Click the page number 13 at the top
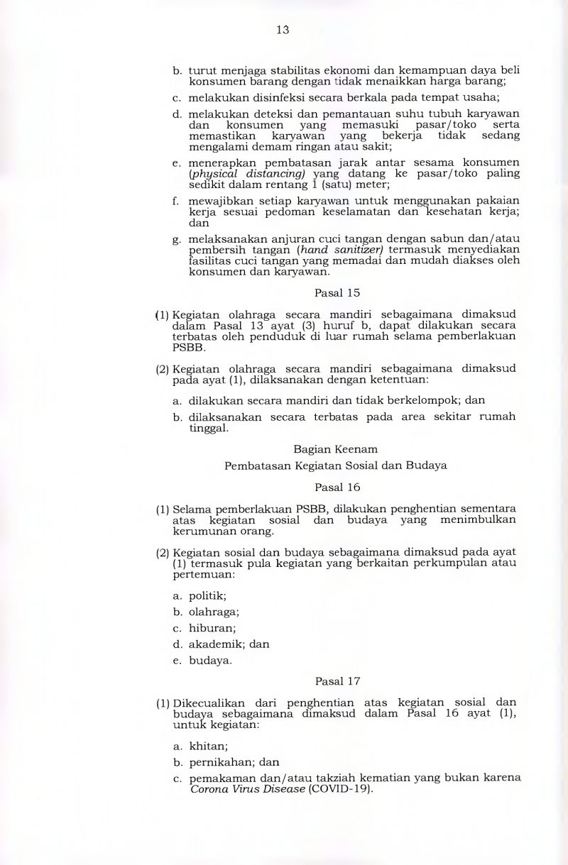click(x=283, y=30)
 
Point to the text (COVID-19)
click(x=341, y=789)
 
